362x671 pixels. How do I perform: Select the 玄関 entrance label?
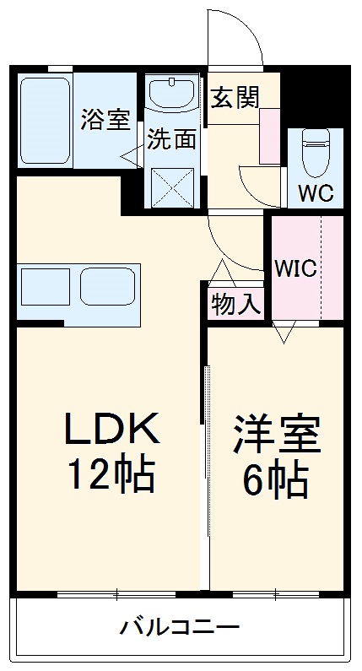[235, 96]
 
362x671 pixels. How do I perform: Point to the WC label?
[316, 192]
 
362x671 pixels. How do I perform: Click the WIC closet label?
[295, 269]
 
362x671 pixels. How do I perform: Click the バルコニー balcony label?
[180, 628]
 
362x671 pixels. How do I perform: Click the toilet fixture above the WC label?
[316, 152]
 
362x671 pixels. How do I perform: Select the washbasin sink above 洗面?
[173, 93]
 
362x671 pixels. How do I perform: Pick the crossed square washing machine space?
[173, 187]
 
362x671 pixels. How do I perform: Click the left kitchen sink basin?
[45, 288]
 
